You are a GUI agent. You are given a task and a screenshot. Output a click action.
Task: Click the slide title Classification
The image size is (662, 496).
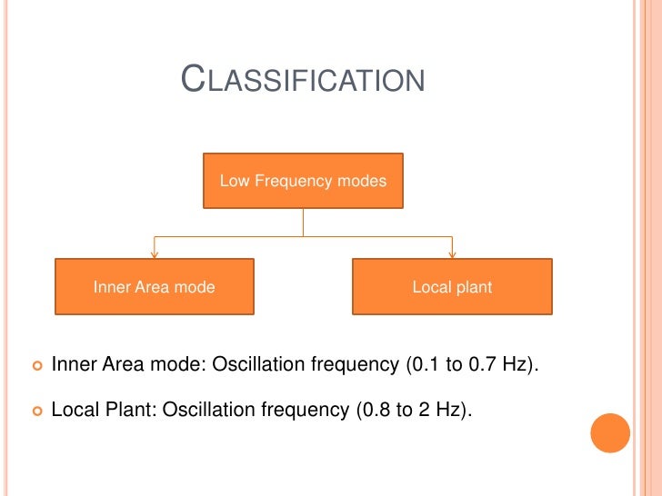pos(303,80)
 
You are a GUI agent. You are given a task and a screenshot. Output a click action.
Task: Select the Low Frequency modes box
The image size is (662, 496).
pos(303,181)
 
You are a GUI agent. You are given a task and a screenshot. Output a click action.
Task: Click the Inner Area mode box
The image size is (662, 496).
pos(155,287)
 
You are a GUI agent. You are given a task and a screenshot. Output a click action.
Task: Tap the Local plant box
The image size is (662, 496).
pos(452,287)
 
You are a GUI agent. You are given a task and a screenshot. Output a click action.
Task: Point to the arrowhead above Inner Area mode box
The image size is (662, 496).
pos(155,253)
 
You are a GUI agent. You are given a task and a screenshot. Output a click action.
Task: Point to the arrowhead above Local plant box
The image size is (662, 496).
pos(452,253)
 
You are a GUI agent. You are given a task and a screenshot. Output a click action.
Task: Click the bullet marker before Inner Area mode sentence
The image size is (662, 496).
pos(37,365)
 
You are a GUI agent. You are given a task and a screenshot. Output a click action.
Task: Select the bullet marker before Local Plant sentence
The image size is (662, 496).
pos(37,411)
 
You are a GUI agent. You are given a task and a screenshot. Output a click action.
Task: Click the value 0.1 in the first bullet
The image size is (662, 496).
pos(420,365)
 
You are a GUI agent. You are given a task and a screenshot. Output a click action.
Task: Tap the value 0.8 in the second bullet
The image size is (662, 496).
pos(370,410)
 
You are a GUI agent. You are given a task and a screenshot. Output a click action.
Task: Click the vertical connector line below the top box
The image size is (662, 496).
pos(303,223)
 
